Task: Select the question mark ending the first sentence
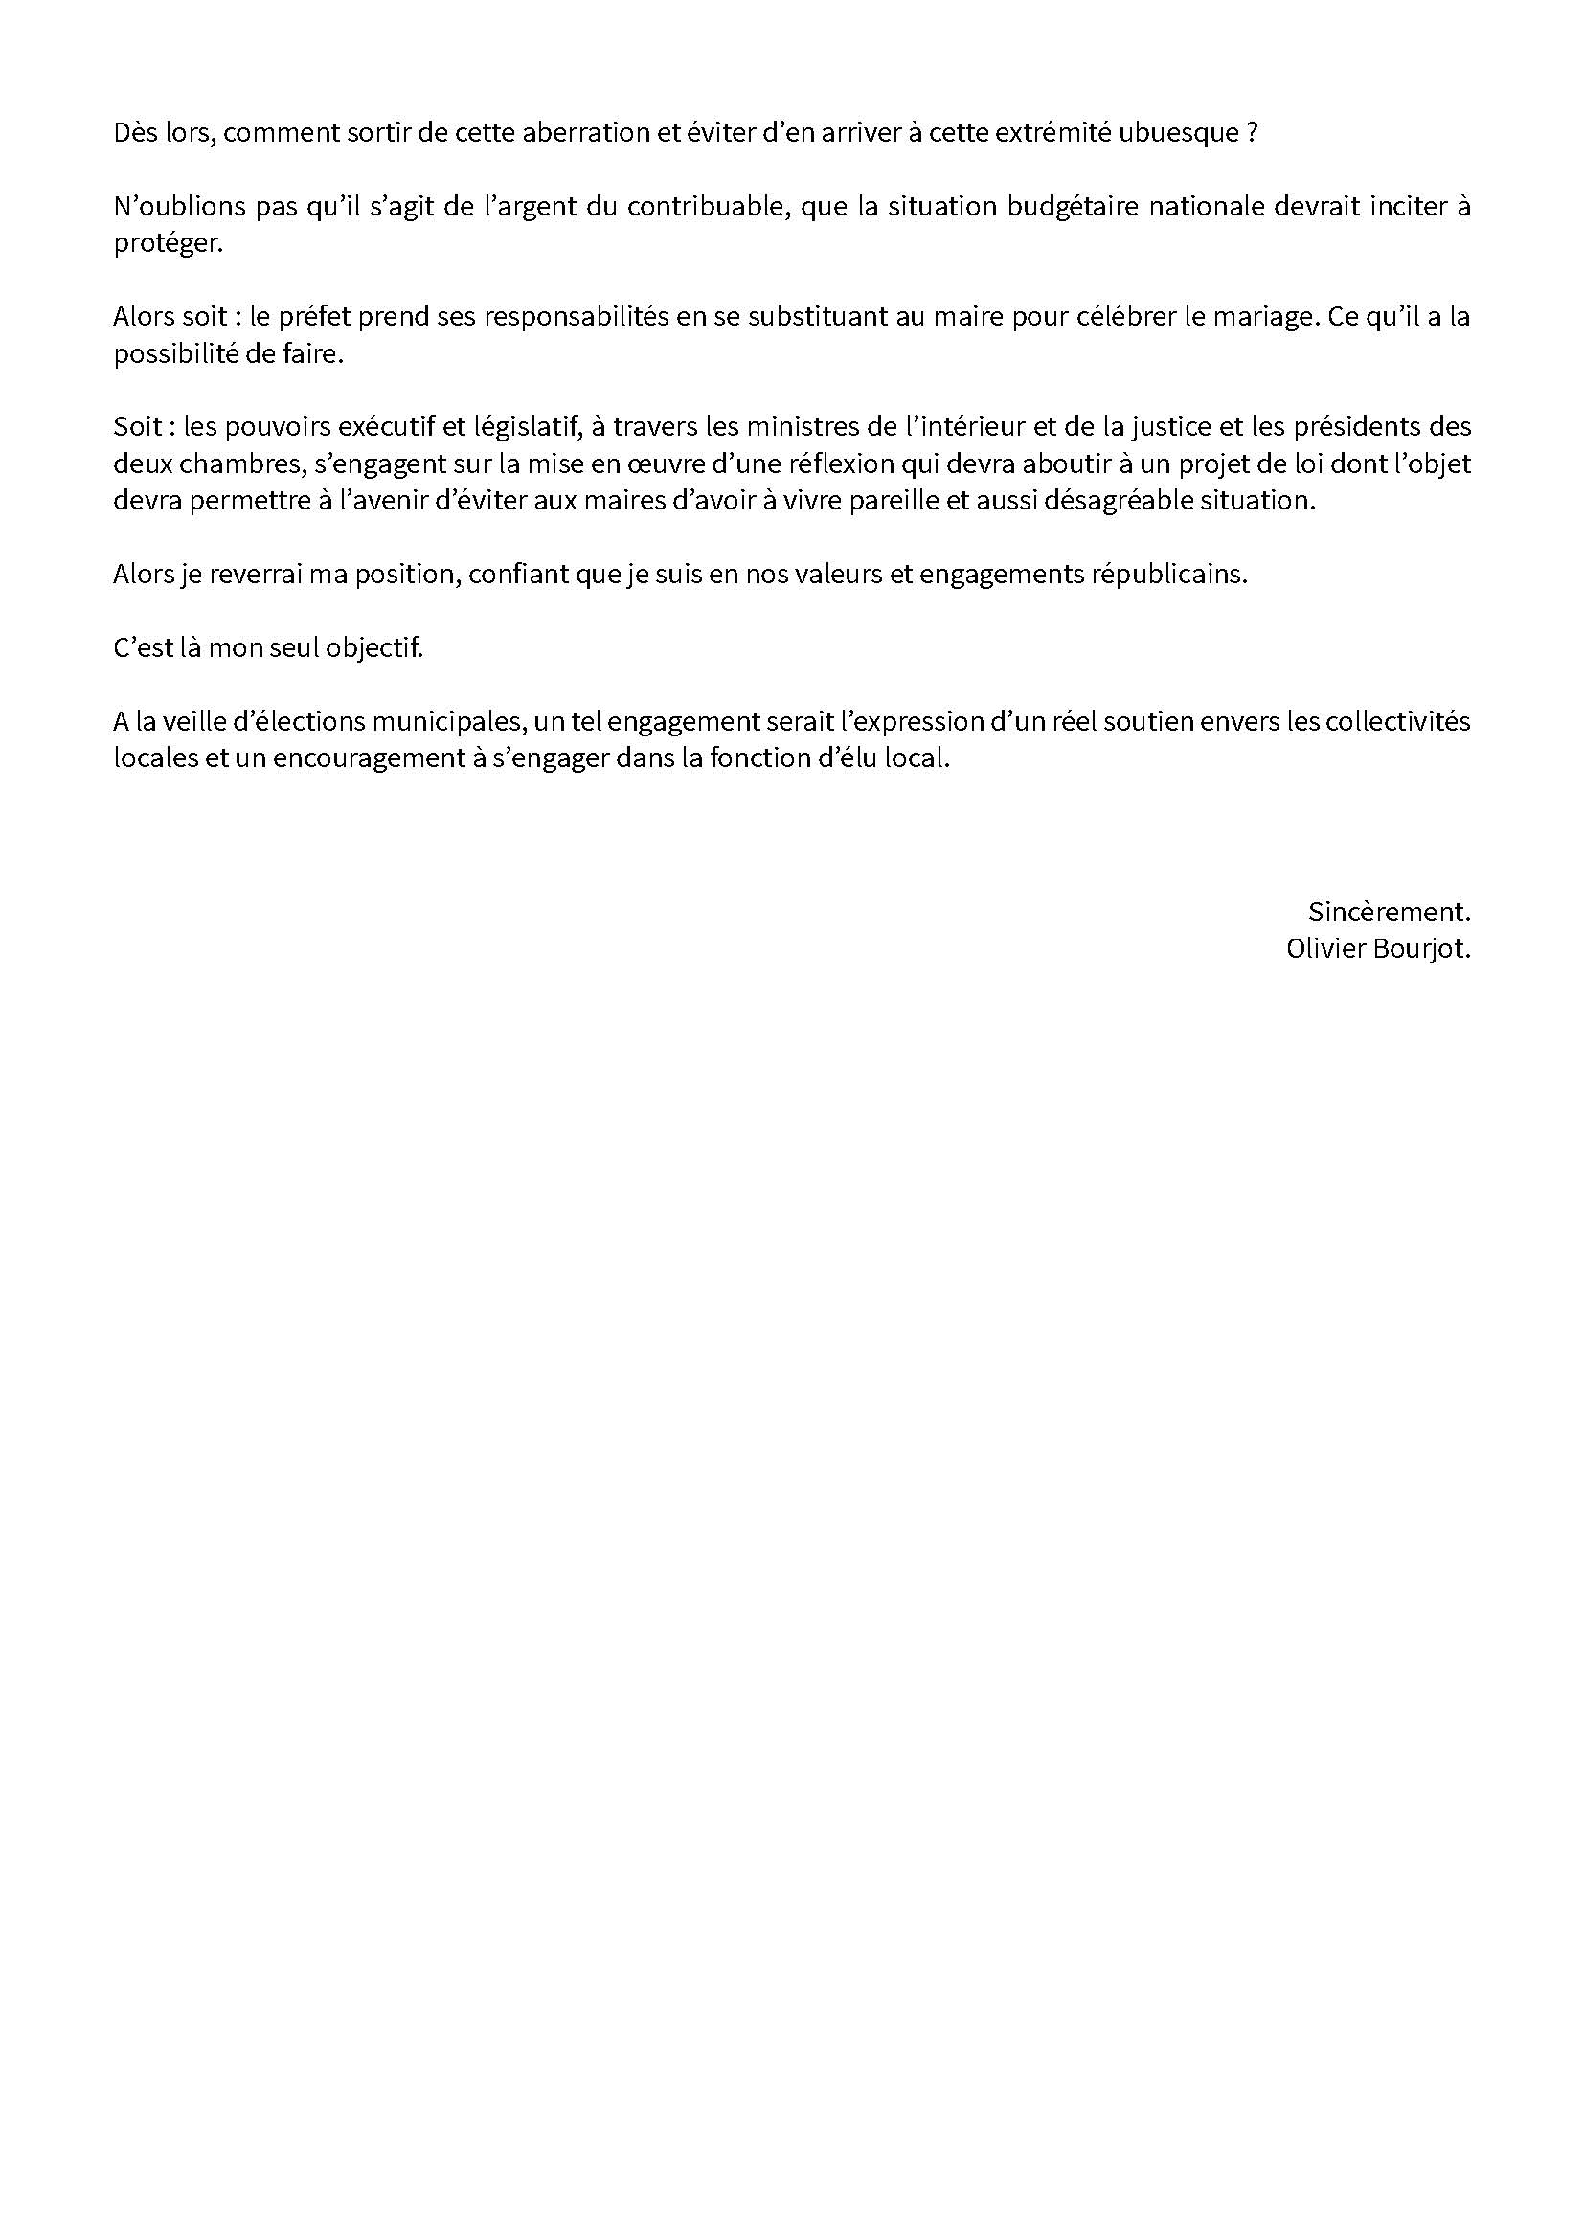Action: [1252, 133]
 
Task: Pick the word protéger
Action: [168, 244]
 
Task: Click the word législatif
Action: [523, 427]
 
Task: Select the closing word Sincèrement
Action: [1389, 913]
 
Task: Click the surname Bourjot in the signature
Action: [1421, 949]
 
